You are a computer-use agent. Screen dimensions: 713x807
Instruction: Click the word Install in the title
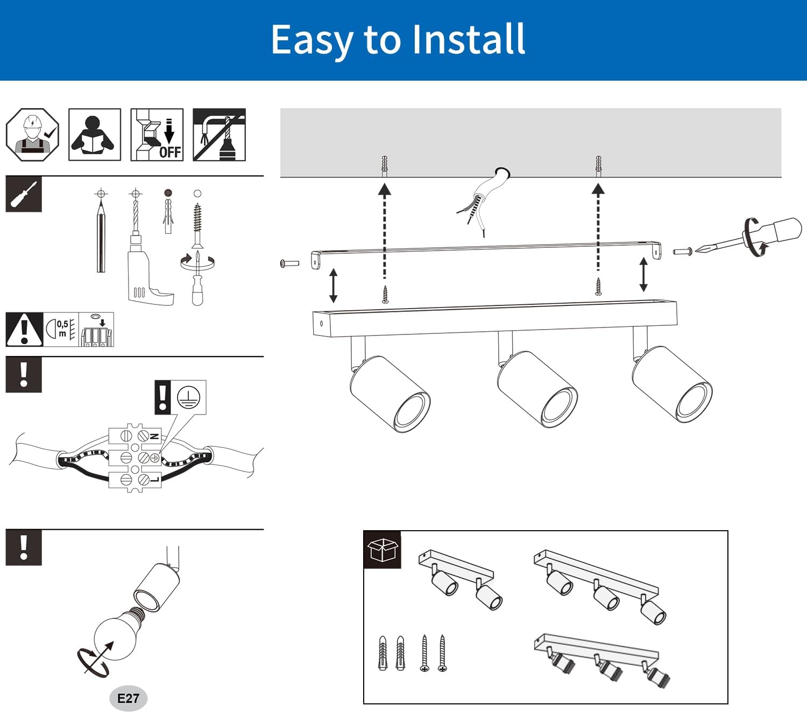[468, 40]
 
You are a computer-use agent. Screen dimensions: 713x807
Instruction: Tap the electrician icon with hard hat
[32, 134]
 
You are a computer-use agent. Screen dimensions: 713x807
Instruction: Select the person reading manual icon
[94, 134]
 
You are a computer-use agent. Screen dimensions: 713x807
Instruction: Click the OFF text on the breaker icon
[170, 152]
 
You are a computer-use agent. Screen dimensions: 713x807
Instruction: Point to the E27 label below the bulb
[128, 698]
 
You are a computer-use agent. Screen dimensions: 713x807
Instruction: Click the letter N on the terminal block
[154, 436]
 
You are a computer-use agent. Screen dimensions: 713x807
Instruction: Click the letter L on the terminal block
[154, 479]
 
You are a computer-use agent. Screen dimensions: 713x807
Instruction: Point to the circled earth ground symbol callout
[188, 397]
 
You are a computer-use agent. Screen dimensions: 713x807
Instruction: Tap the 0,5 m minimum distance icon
[61, 329]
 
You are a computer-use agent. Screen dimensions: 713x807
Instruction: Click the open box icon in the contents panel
[382, 550]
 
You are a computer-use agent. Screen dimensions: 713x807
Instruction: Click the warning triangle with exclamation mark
[24, 329]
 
